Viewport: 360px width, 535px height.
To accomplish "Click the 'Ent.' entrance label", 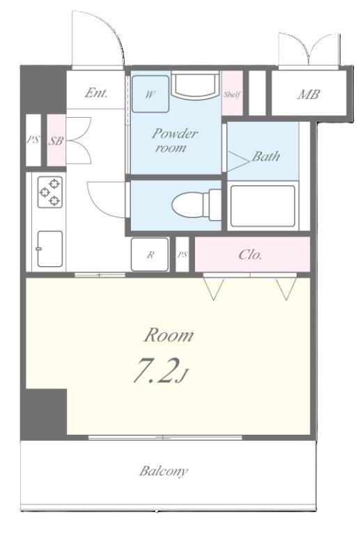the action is tap(96, 93).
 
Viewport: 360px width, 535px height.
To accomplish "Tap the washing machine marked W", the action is tap(150, 94).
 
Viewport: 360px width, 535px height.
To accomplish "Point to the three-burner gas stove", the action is tap(49, 192).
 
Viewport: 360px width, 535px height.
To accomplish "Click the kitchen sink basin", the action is tap(49, 249).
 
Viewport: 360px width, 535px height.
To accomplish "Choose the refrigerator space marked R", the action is tap(150, 254).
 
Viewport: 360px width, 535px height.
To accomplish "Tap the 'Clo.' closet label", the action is tap(250, 254).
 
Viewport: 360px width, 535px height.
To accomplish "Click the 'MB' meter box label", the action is tap(308, 94).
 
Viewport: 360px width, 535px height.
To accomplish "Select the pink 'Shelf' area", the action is tap(232, 93).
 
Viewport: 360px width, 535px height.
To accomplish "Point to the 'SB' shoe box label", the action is tap(56, 141).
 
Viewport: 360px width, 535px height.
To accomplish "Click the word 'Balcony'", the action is tap(164, 471).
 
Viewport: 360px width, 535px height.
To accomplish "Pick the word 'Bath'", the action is tap(266, 156).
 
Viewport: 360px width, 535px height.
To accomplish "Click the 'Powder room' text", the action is tap(174, 140).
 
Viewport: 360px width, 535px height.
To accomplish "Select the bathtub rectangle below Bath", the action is tap(263, 206).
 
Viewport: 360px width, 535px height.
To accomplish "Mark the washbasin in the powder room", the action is tap(195, 84).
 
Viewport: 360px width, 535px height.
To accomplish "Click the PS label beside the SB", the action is tap(33, 140).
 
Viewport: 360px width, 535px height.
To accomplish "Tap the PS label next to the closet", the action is tap(182, 254).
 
